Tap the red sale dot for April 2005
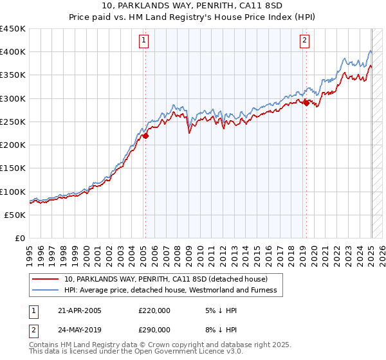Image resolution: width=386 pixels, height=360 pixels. [145, 136]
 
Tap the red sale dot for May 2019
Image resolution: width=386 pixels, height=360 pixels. [306, 103]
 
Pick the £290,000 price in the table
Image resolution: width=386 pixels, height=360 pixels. [154, 330]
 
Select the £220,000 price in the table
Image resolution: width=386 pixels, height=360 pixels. [154, 310]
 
